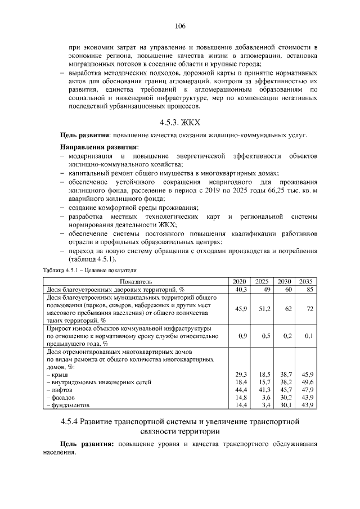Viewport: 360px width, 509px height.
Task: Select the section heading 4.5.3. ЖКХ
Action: (180, 122)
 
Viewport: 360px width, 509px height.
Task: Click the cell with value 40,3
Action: (241, 289)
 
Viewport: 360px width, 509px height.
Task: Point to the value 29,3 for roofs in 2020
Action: (241, 374)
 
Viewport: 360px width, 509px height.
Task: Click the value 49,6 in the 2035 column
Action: (307, 382)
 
